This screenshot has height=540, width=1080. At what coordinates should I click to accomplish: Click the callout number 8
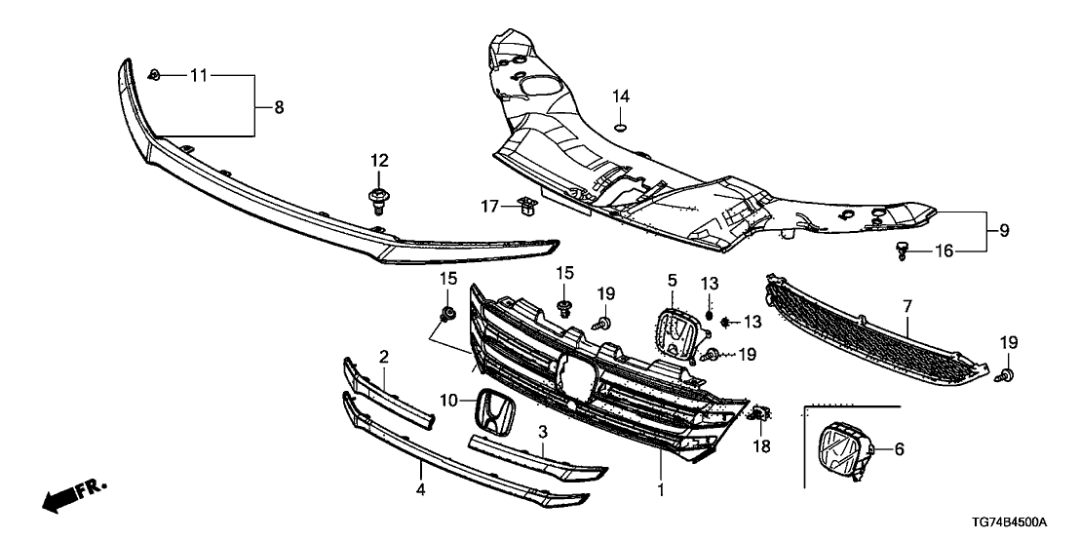[279, 108]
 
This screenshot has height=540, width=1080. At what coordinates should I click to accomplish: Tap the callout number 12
[379, 160]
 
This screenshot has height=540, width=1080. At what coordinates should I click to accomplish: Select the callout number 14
[621, 96]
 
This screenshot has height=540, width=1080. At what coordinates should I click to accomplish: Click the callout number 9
[1003, 231]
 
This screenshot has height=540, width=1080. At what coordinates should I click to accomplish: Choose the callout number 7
[906, 307]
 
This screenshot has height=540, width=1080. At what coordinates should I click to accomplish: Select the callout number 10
[448, 401]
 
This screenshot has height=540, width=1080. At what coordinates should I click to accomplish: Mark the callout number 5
[672, 280]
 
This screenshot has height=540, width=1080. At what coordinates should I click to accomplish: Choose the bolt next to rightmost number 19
[1009, 374]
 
